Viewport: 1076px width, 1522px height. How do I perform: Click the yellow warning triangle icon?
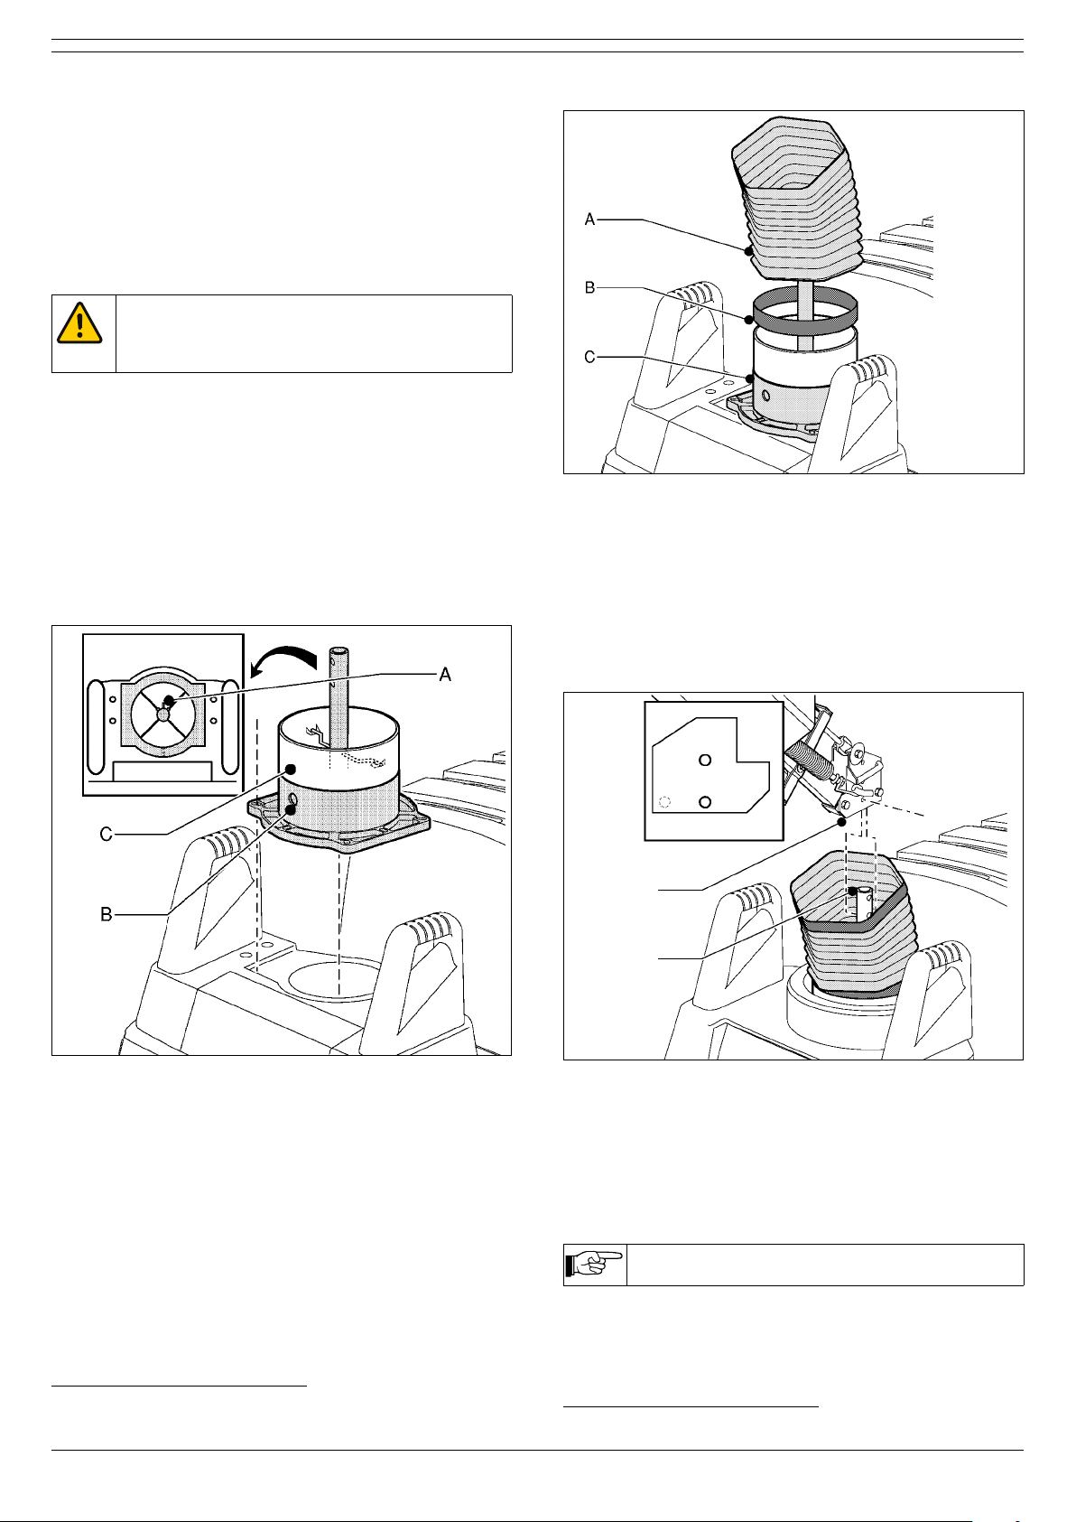79,323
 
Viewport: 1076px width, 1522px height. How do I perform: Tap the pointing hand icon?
594,1264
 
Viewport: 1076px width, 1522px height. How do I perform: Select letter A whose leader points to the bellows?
589,219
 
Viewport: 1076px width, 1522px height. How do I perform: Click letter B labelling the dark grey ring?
589,288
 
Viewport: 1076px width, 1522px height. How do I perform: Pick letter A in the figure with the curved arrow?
445,674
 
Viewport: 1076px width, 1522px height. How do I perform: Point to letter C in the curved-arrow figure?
106,834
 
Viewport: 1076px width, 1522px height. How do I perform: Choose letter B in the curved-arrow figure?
106,915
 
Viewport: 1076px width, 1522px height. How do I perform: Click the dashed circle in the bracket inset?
665,802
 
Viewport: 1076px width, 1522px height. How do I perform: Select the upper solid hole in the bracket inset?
705,760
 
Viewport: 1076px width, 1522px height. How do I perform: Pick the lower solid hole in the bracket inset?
705,802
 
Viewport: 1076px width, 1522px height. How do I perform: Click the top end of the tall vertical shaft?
339,650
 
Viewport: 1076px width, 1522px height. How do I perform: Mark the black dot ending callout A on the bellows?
749,251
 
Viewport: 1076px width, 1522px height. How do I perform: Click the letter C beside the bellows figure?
589,357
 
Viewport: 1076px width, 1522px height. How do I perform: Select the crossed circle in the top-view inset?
162,713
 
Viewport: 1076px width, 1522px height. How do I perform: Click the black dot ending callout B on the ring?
749,320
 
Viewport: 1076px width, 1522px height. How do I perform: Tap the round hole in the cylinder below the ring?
765,396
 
